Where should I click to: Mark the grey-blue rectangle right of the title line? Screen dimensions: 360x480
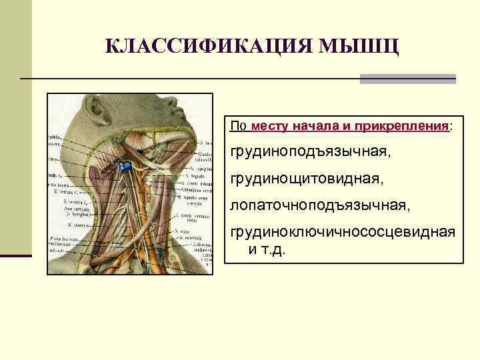407,79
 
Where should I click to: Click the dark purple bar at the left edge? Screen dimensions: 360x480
16,255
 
